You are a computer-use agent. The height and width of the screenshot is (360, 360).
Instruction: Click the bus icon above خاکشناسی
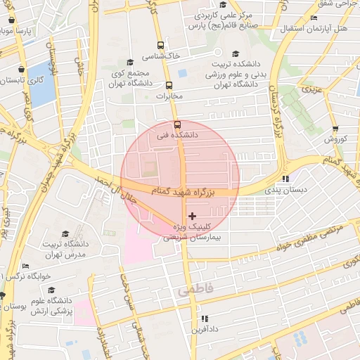[161, 44]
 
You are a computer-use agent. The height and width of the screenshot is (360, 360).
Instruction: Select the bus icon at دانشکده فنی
[176, 124]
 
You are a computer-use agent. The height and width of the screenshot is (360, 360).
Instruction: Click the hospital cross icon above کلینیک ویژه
[193, 215]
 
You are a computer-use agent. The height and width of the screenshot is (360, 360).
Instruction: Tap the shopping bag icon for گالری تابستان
[23, 70]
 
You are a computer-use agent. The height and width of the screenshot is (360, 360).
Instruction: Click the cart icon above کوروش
[335, 129]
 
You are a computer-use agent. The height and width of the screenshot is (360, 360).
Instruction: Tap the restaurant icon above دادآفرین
[207, 316]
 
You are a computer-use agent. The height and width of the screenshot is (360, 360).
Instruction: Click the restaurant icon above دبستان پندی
[285, 179]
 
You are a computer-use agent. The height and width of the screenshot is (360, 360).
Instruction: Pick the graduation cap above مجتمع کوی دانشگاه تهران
[128, 62]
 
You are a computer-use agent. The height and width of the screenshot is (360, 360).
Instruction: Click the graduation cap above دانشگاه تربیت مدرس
[65, 234]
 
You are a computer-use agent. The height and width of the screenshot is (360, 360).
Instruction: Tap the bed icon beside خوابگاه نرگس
[26, 266]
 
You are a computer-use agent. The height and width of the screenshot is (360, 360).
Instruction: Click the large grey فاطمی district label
[193, 289]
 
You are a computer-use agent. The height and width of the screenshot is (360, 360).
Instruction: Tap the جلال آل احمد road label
[105, 189]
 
